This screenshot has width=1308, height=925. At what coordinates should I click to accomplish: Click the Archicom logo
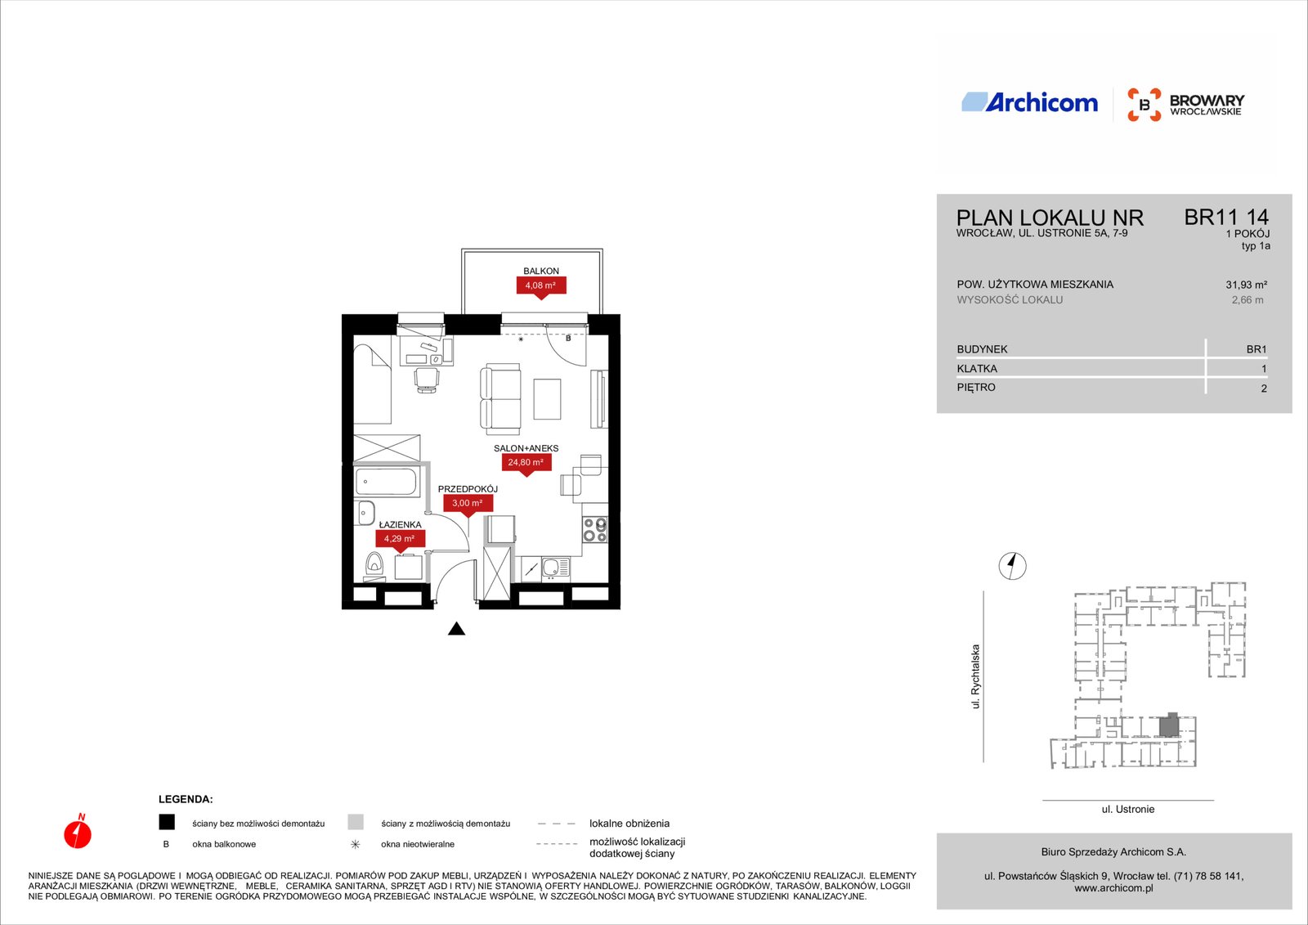tap(1029, 102)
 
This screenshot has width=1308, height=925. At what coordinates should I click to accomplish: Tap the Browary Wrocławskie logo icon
tap(1144, 105)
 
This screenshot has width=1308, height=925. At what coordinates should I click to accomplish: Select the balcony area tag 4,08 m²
tap(540, 286)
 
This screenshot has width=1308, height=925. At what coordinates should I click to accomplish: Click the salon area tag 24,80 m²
tap(526, 464)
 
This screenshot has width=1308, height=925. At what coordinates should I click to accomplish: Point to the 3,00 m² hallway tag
tap(468, 504)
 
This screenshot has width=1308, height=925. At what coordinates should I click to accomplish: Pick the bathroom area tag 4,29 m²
tap(400, 539)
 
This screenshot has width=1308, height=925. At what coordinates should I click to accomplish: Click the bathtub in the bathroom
tap(386, 482)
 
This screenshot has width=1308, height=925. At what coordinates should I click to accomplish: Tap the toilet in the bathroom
tap(374, 566)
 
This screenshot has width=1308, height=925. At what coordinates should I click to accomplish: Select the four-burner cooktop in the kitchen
tap(595, 529)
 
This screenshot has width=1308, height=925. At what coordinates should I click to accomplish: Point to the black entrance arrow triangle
tap(457, 629)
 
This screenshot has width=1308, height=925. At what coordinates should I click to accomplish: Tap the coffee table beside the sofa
tap(547, 398)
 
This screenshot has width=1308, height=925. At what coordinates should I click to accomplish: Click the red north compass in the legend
tap(78, 832)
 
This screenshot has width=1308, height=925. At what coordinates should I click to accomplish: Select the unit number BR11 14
tap(1226, 217)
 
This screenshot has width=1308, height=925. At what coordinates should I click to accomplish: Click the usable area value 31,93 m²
tap(1246, 285)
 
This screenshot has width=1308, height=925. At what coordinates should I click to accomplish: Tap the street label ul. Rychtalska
tap(975, 676)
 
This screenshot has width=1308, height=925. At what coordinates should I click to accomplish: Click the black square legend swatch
tap(167, 822)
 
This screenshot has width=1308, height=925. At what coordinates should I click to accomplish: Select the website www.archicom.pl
tap(1113, 888)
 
